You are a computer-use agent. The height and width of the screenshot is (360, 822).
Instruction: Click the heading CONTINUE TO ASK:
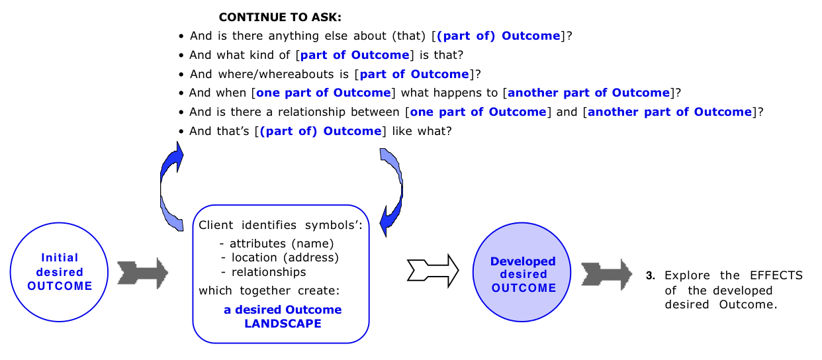pyautogui.click(x=280, y=17)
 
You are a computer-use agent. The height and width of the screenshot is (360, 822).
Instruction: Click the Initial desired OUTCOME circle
pyautogui.click(x=60, y=271)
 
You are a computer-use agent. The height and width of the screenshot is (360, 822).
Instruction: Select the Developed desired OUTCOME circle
pyautogui.click(x=523, y=275)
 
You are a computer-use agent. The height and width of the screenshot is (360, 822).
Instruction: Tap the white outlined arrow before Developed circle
pyautogui.click(x=434, y=270)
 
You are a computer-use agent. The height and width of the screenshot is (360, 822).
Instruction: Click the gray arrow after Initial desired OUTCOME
pyautogui.click(x=142, y=271)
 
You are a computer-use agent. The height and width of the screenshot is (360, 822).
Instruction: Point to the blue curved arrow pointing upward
pyautogui.click(x=171, y=188)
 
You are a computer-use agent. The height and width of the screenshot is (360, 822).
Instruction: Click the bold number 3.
pyautogui.click(x=650, y=275)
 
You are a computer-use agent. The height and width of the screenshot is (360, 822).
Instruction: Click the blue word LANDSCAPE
pyautogui.click(x=283, y=324)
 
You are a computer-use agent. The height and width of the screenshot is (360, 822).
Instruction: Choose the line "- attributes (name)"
pyautogui.click(x=277, y=243)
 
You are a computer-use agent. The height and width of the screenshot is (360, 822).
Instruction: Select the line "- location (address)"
pyautogui.click(x=280, y=257)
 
